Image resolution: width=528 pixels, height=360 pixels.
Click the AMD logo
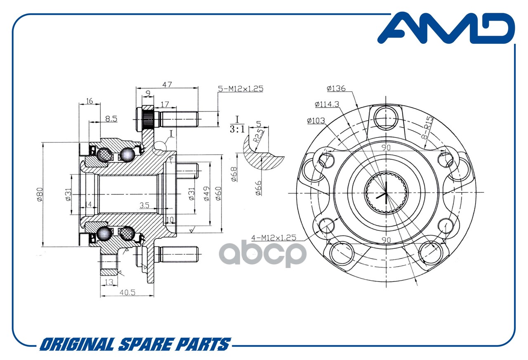(446, 28)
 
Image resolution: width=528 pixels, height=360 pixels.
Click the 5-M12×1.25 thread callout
(240, 89)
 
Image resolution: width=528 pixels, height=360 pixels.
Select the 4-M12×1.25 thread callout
(273, 237)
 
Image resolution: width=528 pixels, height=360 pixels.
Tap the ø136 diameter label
(336, 88)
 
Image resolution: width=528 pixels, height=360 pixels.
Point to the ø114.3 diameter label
(327, 104)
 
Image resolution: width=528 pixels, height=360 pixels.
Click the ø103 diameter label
(316, 121)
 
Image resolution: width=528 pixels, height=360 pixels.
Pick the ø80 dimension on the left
(40, 194)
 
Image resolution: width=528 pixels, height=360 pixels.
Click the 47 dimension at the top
(167, 84)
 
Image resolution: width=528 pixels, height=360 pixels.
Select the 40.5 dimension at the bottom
(127, 293)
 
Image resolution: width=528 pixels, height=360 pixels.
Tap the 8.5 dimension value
(111, 118)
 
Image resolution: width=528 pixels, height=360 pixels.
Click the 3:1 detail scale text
(237, 129)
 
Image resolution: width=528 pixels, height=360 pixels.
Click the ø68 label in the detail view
(234, 174)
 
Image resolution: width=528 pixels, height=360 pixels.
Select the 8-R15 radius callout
(427, 128)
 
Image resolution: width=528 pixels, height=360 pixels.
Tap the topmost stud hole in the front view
(386, 118)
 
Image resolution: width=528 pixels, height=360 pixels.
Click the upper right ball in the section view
(127, 154)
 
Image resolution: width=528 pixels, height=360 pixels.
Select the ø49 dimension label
(207, 194)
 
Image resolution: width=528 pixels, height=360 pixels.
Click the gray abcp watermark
(263, 254)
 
